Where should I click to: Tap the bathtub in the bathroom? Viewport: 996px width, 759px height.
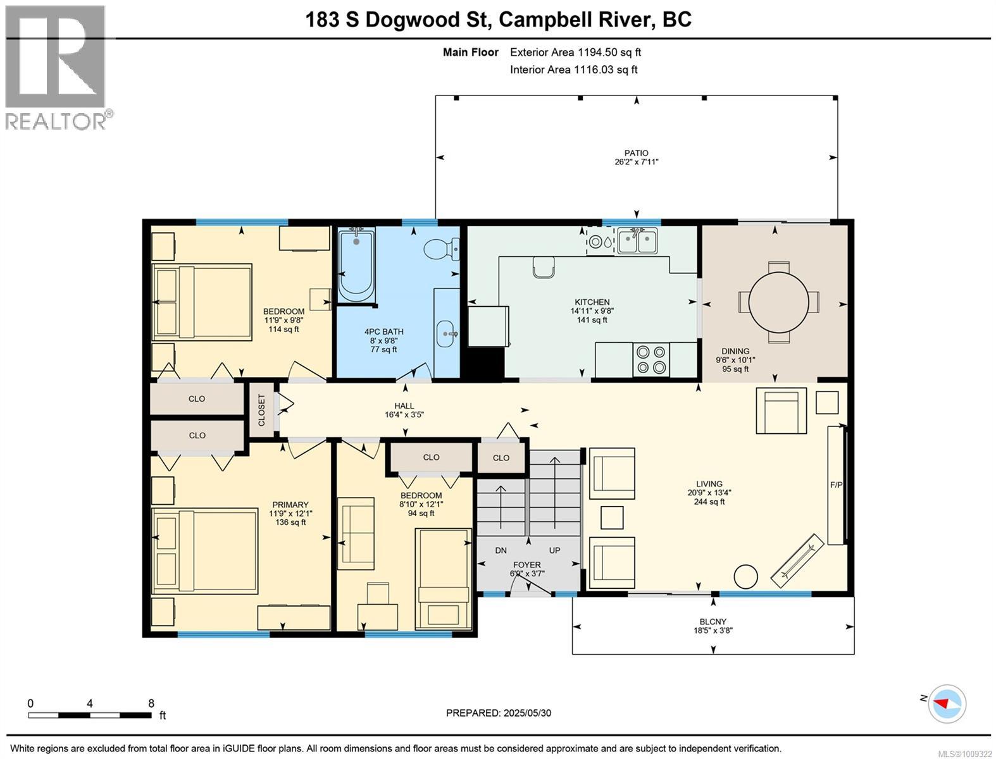(x=357, y=264)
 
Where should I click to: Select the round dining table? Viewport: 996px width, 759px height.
(x=778, y=301)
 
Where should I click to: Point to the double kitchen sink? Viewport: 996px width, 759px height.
(x=637, y=241)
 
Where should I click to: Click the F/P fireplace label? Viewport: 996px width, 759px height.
(x=836, y=484)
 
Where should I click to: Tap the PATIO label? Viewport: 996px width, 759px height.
(x=636, y=153)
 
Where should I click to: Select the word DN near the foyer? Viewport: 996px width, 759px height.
(x=501, y=550)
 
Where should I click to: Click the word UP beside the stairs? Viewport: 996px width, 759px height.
(x=554, y=550)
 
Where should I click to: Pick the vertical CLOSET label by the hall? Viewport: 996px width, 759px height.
(x=261, y=410)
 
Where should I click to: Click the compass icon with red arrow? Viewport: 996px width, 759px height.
(x=947, y=704)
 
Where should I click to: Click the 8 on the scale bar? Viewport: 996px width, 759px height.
(x=151, y=703)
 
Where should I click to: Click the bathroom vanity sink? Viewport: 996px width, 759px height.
(x=447, y=334)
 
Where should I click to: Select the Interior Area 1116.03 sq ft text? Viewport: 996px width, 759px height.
(x=573, y=70)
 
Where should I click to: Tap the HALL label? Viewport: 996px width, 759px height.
(x=404, y=406)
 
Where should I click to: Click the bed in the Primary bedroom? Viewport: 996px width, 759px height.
(x=205, y=551)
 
